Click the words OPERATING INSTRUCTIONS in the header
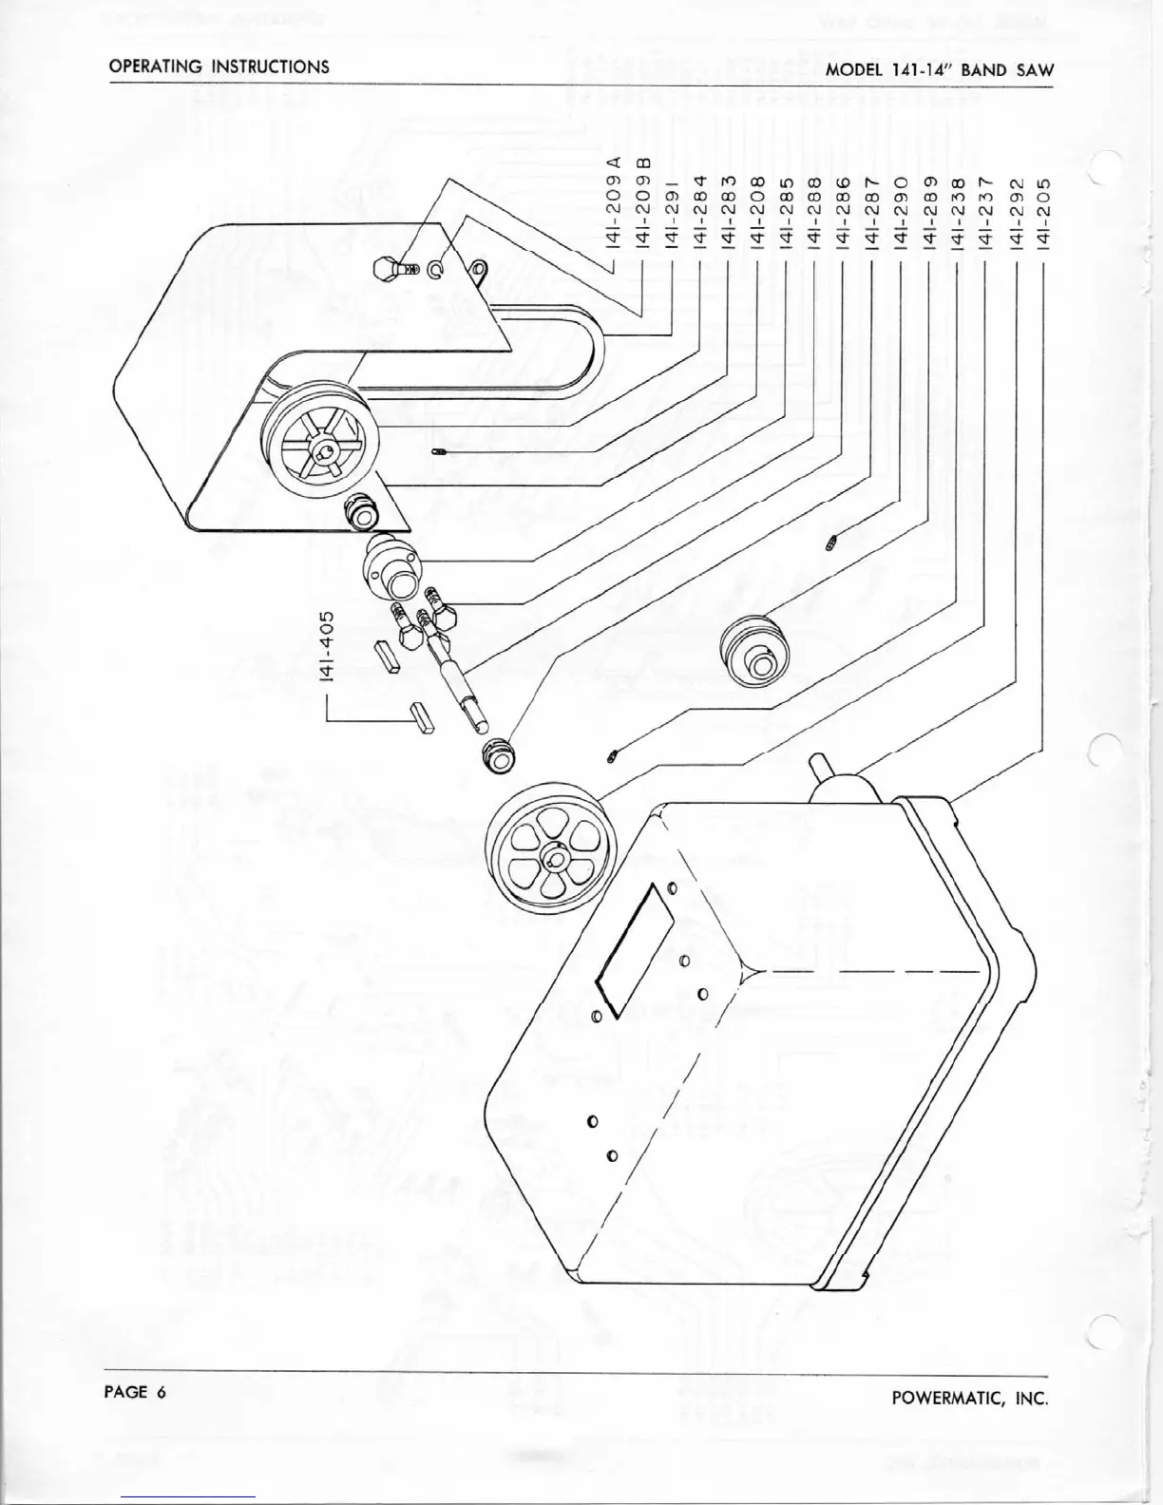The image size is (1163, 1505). pos(219,67)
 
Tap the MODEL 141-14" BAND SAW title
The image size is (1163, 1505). pos(940,69)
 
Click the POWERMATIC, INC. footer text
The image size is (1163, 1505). pos(970,1398)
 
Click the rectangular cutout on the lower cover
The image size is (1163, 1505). pos(634,949)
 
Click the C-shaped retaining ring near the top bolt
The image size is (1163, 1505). pos(435,271)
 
